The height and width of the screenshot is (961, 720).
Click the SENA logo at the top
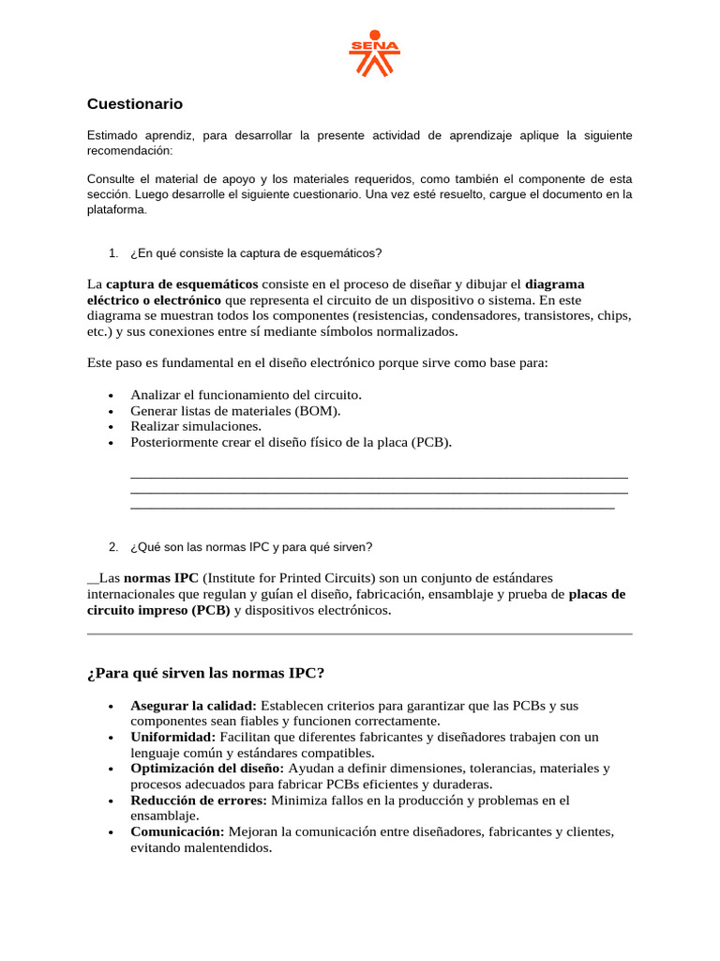click(374, 57)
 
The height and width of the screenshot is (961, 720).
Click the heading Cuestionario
click(135, 104)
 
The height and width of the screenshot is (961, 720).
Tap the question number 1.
click(112, 253)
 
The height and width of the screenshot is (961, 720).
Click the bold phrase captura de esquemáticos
click(182, 284)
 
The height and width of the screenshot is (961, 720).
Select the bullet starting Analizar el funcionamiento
click(246, 395)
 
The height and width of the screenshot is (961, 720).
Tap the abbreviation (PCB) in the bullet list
click(430, 442)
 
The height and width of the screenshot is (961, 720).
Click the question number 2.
click(112, 547)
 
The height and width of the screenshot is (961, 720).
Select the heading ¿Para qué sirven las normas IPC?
click(205, 673)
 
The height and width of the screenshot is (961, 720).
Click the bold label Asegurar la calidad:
click(193, 706)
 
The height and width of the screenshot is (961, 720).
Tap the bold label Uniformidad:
click(173, 738)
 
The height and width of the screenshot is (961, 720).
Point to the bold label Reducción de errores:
click(199, 801)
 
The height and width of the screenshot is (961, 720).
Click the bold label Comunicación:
click(177, 832)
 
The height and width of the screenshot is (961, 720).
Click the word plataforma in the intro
click(117, 210)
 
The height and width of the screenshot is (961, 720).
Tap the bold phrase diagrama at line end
click(555, 284)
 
